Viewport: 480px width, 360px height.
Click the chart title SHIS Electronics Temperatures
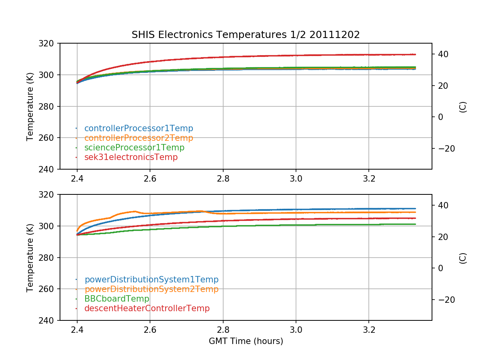tap(246, 35)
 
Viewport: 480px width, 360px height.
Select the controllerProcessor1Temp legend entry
tap(138, 128)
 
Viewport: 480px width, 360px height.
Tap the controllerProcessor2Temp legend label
tap(138, 138)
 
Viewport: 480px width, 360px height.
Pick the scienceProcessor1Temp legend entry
tap(134, 148)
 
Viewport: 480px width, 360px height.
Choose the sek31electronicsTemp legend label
tap(131, 157)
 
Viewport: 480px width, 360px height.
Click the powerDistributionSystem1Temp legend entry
tap(151, 280)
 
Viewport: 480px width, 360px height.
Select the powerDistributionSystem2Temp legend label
tap(151, 289)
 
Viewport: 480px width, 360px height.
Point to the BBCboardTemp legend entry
tap(116, 299)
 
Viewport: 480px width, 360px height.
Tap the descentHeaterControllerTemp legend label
tap(147, 308)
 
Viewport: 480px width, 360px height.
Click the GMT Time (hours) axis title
tap(246, 341)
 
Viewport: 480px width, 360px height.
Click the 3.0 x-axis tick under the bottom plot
tap(296, 330)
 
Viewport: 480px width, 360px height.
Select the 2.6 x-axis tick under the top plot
tap(150, 179)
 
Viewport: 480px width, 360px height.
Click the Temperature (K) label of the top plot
tap(30, 106)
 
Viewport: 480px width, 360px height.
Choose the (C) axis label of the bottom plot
tap(463, 258)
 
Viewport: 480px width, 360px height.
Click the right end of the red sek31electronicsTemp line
tap(415, 54)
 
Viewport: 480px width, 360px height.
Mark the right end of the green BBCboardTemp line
tap(415, 224)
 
